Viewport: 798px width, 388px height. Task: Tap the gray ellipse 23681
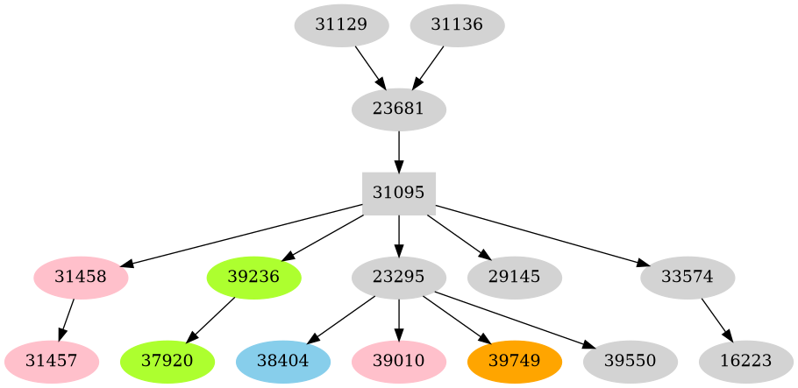pyautogui.click(x=399, y=109)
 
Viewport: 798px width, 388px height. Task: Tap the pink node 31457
pyautogui.click(x=51, y=362)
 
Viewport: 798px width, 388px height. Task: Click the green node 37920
pyautogui.click(x=167, y=362)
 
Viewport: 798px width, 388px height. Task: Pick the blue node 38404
pyautogui.click(x=283, y=362)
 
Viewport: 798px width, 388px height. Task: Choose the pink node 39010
pyautogui.click(x=399, y=362)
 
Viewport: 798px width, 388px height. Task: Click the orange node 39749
pyautogui.click(x=515, y=362)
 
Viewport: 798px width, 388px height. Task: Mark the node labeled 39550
pyautogui.click(x=631, y=362)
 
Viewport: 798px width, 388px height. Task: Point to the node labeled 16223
pyautogui.click(x=746, y=362)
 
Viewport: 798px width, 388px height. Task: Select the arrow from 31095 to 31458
pyautogui.click(x=246, y=235)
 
